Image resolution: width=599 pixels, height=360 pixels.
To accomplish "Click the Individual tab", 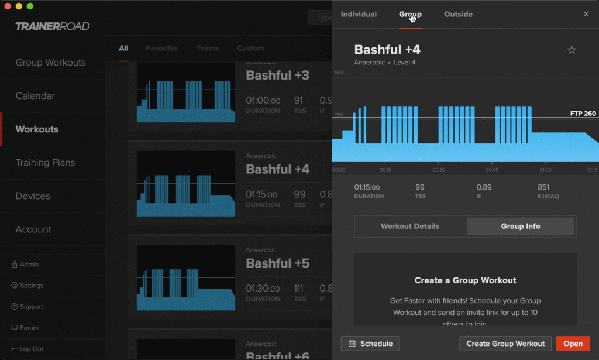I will (x=359, y=14).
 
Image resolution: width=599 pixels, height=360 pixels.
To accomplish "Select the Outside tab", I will (x=458, y=14).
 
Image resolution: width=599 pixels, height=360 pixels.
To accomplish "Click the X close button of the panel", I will (x=586, y=14).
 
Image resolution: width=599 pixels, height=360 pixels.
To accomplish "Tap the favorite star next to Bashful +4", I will (x=572, y=50).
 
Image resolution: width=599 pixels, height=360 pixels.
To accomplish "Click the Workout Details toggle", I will (x=410, y=226).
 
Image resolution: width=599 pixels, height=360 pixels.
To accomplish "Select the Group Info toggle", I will (x=521, y=226).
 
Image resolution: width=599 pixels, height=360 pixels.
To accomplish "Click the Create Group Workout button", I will (x=505, y=344).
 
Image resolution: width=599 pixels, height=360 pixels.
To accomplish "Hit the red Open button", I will (x=573, y=344).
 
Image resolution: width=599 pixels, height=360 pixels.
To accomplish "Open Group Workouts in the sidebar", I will (x=50, y=63).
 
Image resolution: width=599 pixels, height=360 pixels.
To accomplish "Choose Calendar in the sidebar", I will (x=35, y=96).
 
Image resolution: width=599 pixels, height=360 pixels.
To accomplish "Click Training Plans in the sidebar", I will (x=45, y=163).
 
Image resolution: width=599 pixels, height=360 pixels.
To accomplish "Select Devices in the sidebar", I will (x=33, y=196).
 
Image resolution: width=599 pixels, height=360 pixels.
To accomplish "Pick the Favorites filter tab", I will (x=162, y=48).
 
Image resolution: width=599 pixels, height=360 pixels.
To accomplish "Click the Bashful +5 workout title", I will (x=277, y=263).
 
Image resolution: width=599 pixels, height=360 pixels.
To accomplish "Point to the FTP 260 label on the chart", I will (x=583, y=114).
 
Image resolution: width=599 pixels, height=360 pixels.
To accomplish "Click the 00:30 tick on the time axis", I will (x=439, y=170).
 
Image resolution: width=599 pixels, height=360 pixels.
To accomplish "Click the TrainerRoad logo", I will (x=53, y=26).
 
